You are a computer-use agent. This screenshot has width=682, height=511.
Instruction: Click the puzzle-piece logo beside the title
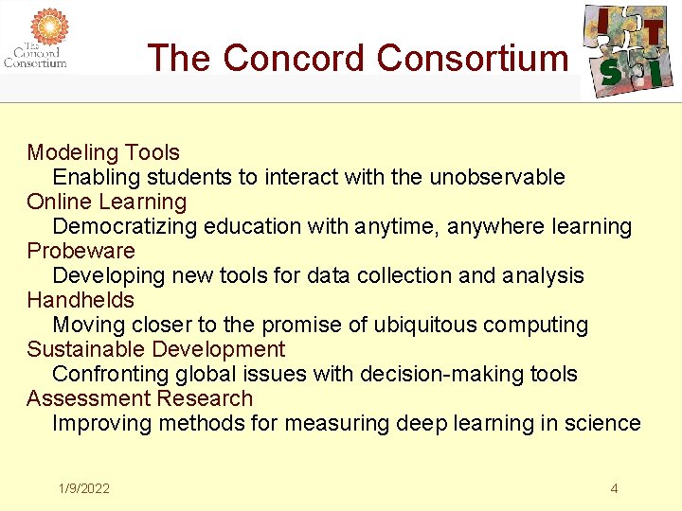pyautogui.click(x=628, y=49)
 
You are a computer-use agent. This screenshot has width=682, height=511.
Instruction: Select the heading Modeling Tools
pyautogui.click(x=103, y=152)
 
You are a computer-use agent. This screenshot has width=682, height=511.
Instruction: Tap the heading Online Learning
pyautogui.click(x=107, y=202)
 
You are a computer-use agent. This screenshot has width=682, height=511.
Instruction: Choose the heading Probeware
pyautogui.click(x=81, y=251)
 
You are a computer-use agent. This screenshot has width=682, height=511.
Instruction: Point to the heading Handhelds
pyautogui.click(x=81, y=300)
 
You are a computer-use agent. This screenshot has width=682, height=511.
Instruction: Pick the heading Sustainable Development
pyautogui.click(x=156, y=349)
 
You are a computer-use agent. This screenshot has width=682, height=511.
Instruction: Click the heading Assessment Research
pyautogui.click(x=140, y=398)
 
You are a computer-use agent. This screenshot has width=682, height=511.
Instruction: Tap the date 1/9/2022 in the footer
pyautogui.click(x=83, y=488)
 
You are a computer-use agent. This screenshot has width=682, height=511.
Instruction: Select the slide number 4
pyautogui.click(x=614, y=488)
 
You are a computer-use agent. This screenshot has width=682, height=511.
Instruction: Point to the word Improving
pyautogui.click(x=101, y=423)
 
